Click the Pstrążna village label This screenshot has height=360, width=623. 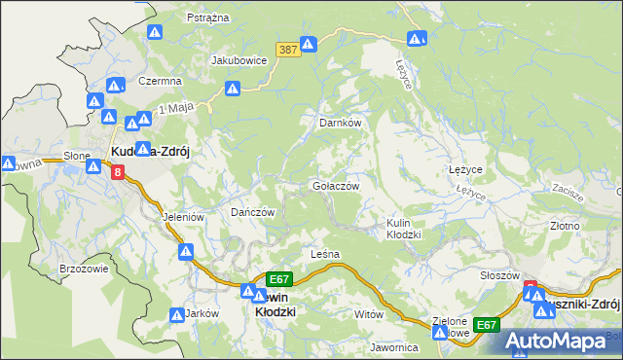(206, 18)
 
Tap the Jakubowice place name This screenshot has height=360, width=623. (238, 59)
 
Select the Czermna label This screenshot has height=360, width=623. (161, 81)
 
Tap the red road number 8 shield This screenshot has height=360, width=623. (118, 172)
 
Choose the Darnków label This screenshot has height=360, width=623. (341, 124)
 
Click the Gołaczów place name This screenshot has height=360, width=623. (336, 186)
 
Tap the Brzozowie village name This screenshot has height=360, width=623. (83, 269)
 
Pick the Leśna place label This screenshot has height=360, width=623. (324, 254)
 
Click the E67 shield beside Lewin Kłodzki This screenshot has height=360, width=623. (279, 278)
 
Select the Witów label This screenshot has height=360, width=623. (369, 314)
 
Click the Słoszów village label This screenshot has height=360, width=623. (500, 275)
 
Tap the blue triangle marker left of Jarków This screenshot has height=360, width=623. (176, 315)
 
